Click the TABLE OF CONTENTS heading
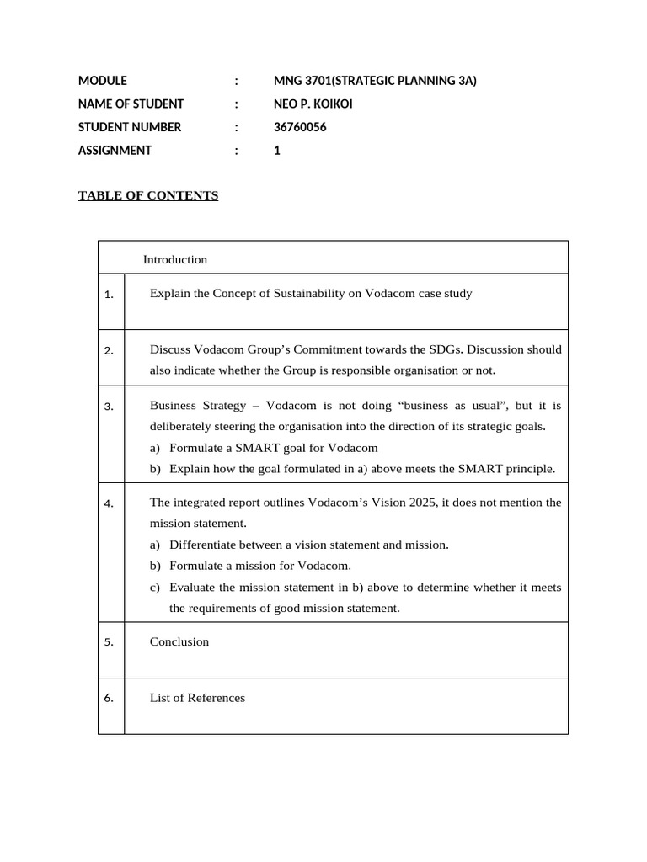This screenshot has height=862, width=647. point(148,196)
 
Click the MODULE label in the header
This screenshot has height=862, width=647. point(103,81)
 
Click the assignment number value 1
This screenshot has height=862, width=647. point(277,151)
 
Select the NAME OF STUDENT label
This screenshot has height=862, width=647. point(131,104)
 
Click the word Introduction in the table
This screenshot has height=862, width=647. point(175,259)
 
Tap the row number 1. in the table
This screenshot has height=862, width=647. point(109,295)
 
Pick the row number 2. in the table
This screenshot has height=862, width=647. point(109,351)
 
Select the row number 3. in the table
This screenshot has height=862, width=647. point(109,407)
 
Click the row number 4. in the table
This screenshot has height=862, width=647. point(109,504)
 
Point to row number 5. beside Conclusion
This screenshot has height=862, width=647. point(109,642)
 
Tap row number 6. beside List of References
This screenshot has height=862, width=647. point(109,699)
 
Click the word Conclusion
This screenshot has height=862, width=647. point(179,641)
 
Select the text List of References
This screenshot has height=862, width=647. point(198,698)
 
